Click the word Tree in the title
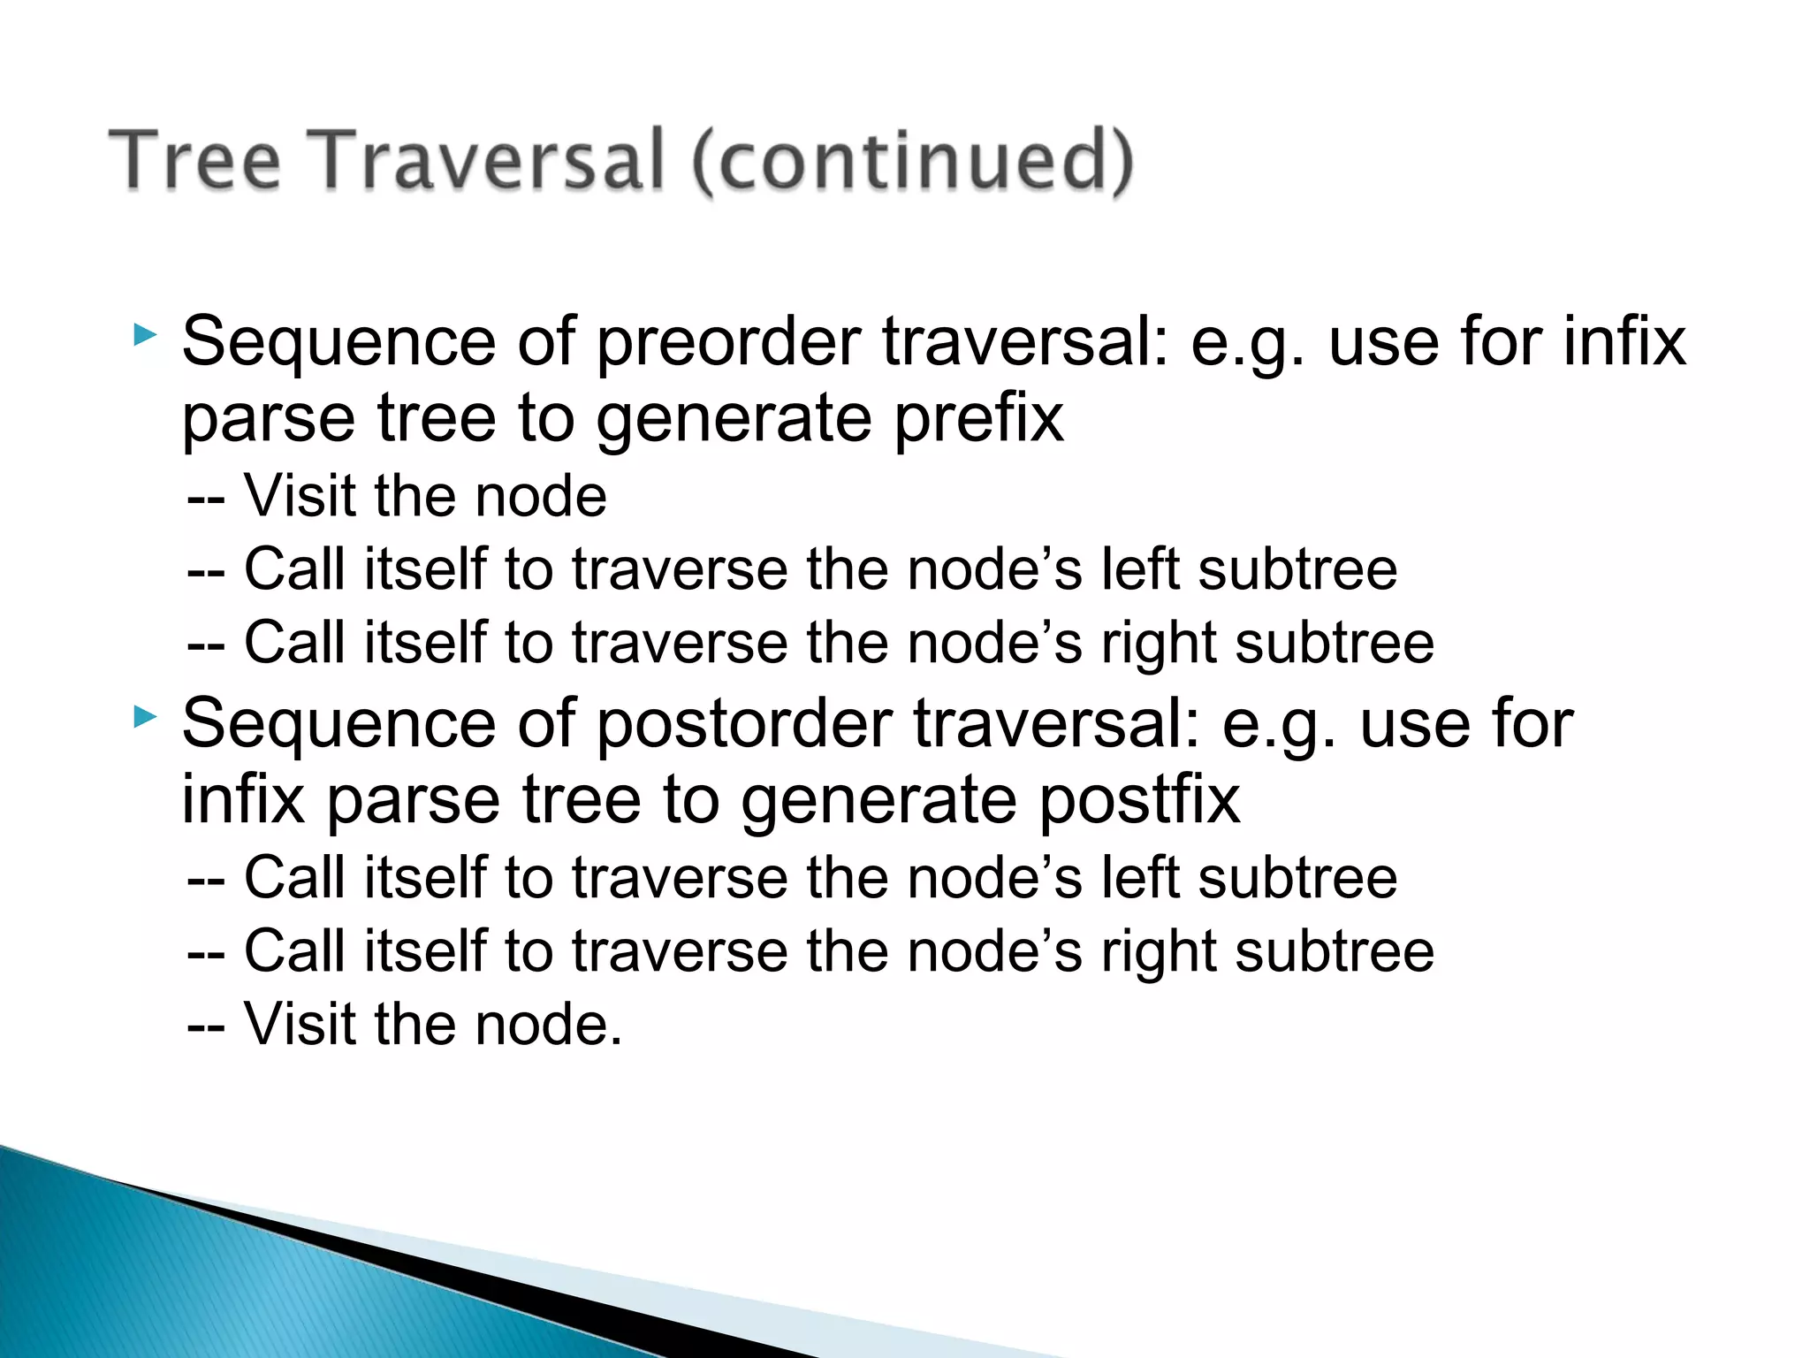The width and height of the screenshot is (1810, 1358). click(x=194, y=160)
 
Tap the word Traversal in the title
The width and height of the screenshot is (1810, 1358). click(x=490, y=160)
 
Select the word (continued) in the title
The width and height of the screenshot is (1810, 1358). click(x=911, y=160)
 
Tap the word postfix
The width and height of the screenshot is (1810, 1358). click(x=1139, y=800)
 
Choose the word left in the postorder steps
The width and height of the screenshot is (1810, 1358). click(x=1139, y=878)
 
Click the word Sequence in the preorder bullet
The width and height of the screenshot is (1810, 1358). click(x=338, y=343)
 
